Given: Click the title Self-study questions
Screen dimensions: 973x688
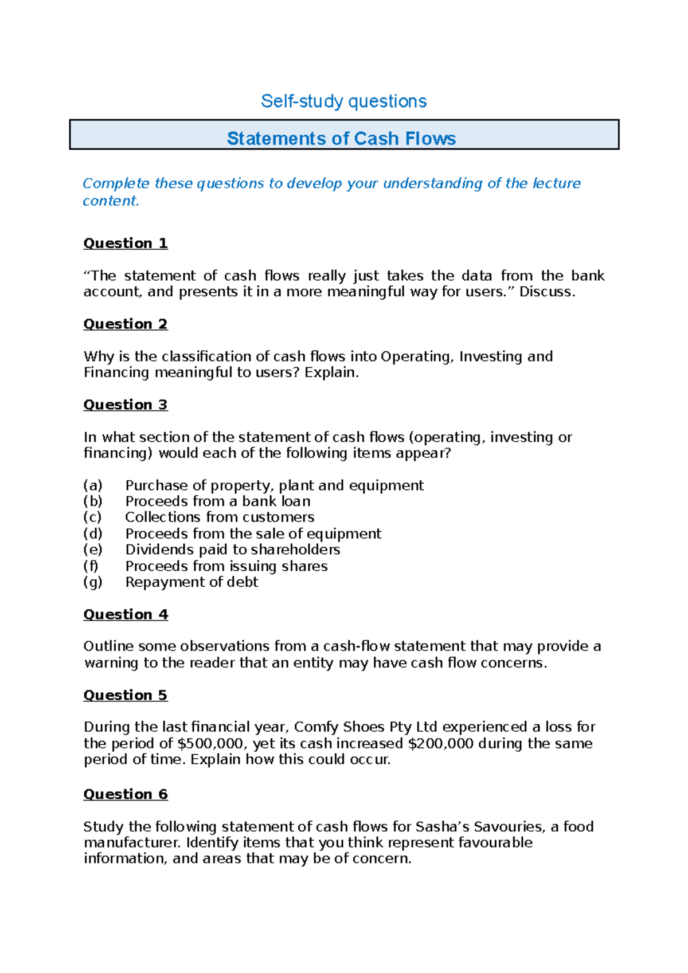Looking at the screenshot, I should [343, 101].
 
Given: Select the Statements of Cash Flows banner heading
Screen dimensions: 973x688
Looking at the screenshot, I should [341, 138].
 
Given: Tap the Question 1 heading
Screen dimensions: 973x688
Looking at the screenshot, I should [126, 243].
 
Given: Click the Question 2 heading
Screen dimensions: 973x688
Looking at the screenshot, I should [126, 324].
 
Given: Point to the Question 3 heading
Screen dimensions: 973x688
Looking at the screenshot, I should [126, 405].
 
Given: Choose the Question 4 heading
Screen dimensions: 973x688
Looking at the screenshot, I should [126, 614].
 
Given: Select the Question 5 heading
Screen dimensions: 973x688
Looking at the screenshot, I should [126, 695].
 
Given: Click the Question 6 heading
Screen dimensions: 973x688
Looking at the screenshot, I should [126, 794].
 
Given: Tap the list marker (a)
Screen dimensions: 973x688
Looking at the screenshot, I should [93, 485].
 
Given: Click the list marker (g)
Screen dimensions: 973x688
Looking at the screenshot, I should [93, 582].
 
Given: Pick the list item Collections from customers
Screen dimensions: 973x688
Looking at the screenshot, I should [220, 517].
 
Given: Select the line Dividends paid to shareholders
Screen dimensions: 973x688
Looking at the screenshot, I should [232, 550].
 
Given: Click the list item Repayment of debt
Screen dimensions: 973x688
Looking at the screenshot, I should [191, 582].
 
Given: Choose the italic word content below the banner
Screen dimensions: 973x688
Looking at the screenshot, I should [110, 201].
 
